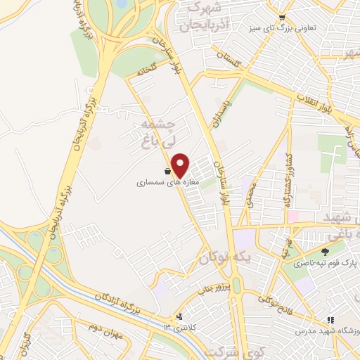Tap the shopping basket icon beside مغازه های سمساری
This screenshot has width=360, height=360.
click(x=167, y=171)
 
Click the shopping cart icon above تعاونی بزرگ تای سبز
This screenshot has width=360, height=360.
click(x=282, y=18)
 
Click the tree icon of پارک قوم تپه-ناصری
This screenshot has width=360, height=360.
click(x=324, y=252)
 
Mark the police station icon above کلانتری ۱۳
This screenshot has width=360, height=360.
click(x=180, y=316)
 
